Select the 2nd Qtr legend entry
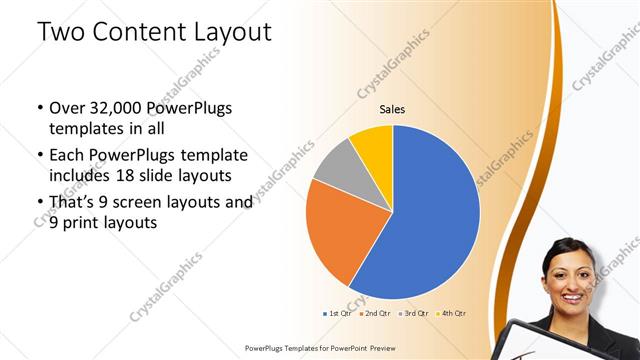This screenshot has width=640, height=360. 376,314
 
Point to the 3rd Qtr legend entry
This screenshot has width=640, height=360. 413,314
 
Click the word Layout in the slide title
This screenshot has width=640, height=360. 233,32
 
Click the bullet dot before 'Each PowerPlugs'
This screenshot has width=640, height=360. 39,156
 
